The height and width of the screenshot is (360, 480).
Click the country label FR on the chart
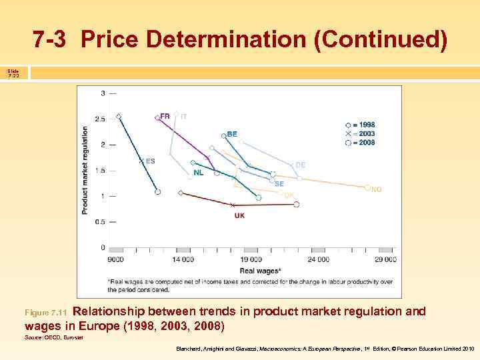coord(165,116)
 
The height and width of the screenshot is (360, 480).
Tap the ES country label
coord(150,161)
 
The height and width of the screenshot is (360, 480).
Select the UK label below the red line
coord(239,215)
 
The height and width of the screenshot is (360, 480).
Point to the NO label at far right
coord(377,189)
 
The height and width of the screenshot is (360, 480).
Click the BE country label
coord(232,134)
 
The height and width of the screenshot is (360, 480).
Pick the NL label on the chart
coord(199,173)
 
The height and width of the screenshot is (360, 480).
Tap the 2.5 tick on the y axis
coord(100,119)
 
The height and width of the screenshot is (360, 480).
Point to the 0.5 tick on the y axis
coord(100,221)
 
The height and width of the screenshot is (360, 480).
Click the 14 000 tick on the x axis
coord(183,259)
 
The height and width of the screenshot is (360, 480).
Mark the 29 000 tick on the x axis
coord(385,259)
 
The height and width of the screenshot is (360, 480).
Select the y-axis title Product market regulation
coord(85,170)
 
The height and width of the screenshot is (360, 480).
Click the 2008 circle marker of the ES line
coord(158,192)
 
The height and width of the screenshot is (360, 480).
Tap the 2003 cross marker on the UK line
coord(233,205)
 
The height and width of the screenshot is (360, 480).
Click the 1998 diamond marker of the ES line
coord(119,117)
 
